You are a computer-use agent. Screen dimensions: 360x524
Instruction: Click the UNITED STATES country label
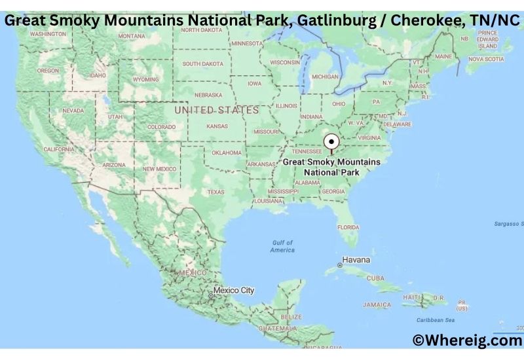pos(216,111)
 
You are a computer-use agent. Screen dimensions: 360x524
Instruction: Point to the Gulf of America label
pos(282,247)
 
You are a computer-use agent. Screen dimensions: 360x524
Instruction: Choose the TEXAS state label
pos(215,192)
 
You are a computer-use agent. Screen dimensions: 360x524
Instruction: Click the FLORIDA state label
pos(348,227)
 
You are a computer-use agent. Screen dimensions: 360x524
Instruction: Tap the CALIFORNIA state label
pos(59,149)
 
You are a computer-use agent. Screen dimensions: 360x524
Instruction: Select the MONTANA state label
pos(132,36)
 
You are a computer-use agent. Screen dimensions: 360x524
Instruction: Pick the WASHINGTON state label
pos(48,33)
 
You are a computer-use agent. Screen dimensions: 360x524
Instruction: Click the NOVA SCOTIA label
pos(485,59)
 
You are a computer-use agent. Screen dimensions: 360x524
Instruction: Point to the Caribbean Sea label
pos(435,320)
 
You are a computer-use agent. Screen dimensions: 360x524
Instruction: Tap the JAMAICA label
pos(377,304)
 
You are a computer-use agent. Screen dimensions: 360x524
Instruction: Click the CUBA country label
pos(375,278)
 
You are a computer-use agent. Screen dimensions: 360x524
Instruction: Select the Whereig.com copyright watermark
pos(467,340)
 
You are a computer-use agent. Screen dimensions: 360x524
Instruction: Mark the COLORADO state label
pos(161,127)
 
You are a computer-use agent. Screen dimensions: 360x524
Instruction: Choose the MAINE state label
pos(443,56)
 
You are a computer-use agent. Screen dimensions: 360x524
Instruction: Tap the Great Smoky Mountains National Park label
pos(331,167)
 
